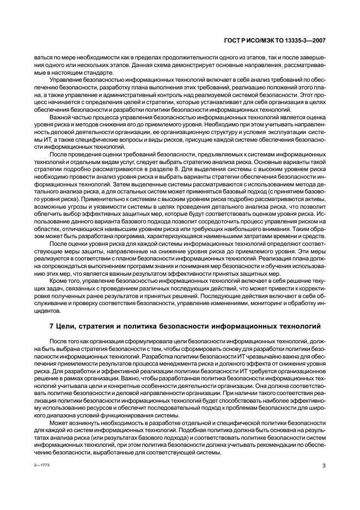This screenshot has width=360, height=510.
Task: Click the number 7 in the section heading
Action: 51,327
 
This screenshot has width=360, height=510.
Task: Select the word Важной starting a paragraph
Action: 62,117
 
